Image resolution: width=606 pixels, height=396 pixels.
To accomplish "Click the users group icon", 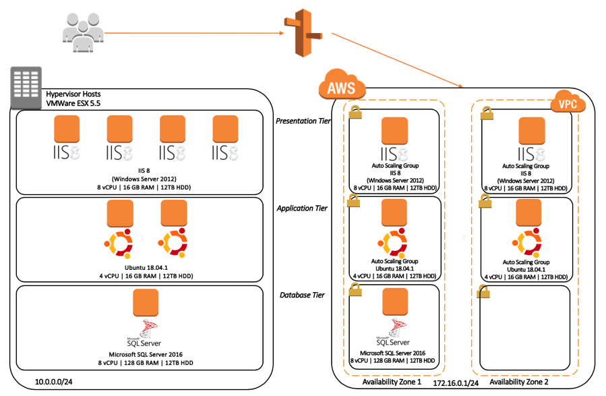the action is [83, 32].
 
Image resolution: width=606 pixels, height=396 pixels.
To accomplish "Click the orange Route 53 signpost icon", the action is [303, 33].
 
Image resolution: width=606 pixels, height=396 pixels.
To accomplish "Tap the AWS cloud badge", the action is [342, 84].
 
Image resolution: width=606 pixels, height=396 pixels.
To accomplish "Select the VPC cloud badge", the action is [568, 102].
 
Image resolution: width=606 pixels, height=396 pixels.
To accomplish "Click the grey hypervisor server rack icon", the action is [26, 88].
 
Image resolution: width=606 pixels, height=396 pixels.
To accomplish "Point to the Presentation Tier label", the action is [303, 121].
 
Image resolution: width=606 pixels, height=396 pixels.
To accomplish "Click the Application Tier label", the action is [302, 208].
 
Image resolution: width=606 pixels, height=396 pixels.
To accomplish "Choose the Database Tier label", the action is [302, 295].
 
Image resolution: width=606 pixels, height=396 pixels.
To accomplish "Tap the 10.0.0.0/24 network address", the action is [54, 382].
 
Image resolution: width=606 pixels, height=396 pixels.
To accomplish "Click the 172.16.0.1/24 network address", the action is [456, 383].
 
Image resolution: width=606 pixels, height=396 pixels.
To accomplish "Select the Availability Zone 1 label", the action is [392, 382].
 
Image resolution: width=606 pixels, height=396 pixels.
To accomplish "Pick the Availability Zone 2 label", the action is [519, 382].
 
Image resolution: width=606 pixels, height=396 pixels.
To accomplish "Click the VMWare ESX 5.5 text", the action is [73, 103].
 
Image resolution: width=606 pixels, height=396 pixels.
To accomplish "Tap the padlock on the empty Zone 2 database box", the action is [483, 291].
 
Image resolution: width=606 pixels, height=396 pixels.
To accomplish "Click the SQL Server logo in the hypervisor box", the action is [144, 333].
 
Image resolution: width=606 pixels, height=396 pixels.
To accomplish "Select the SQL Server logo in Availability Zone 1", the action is [393, 332].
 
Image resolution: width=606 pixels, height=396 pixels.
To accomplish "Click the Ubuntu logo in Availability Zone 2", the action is [526, 243].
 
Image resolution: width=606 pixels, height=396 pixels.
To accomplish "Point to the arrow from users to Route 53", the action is [194, 33].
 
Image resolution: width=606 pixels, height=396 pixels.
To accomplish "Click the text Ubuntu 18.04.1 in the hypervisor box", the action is [146, 268].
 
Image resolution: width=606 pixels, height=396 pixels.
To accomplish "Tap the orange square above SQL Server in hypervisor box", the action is [146, 302].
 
